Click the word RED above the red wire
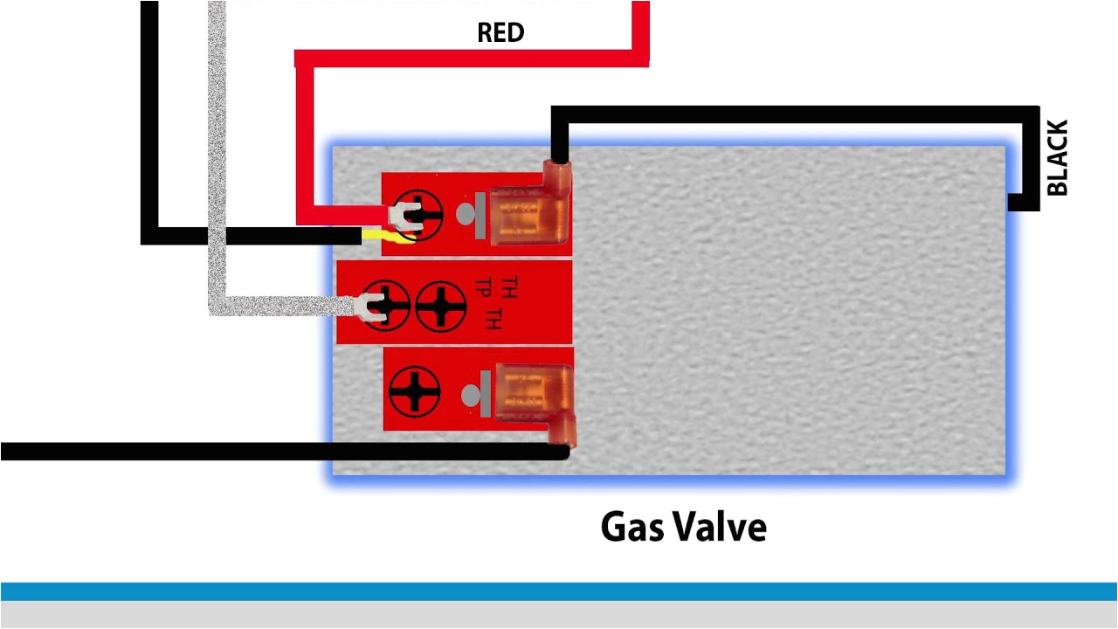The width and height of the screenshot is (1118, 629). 500,33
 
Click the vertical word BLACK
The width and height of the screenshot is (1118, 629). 1057,158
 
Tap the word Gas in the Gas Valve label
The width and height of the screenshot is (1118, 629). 632,528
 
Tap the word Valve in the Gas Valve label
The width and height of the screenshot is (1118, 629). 721,528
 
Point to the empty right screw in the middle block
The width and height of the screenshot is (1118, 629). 440,306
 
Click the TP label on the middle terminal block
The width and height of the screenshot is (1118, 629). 481,287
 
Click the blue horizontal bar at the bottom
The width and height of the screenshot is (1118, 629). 559,591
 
